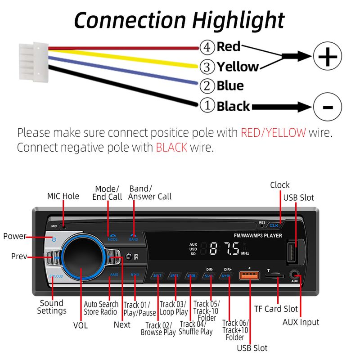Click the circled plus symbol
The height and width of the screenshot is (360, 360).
pyautogui.click(x=328, y=57)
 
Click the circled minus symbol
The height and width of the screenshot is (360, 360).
pyautogui.click(x=328, y=107)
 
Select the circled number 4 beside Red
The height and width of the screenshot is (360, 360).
pyautogui.click(x=206, y=47)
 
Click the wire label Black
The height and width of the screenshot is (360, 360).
pyautogui.click(x=233, y=106)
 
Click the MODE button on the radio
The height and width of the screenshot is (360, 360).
pyautogui.click(x=112, y=237)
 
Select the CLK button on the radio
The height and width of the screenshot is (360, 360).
pyautogui.click(x=274, y=225)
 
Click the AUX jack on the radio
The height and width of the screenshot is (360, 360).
pyautogui.click(x=295, y=274)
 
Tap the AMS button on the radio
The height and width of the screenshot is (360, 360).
pyautogui.click(x=114, y=274)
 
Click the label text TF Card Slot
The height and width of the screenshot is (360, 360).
pyautogui.click(x=276, y=309)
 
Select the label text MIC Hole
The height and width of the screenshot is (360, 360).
pyautogui.click(x=63, y=196)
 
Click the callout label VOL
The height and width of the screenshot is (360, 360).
pyautogui.click(x=81, y=325)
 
